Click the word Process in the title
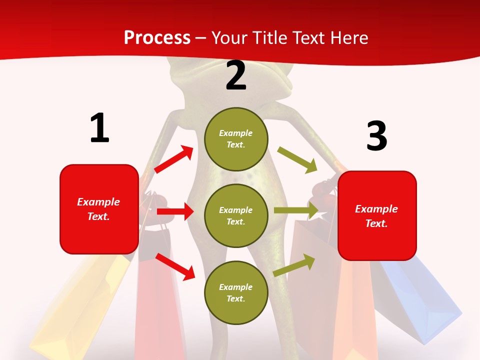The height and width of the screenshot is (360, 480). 157,38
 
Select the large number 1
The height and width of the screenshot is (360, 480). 99,128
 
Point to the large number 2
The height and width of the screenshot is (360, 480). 236,75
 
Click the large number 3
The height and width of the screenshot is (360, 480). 376,136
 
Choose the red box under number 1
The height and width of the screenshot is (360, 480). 99,209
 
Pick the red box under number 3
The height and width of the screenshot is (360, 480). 377,215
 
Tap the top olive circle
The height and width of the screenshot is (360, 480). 236,139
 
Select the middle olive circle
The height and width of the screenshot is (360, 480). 236,215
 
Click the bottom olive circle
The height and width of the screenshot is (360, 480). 236,292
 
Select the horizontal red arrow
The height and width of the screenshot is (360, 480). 175,211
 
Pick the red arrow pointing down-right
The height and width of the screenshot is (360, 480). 175,266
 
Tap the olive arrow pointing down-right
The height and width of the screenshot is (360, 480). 297,159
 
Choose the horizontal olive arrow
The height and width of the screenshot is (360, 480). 296,210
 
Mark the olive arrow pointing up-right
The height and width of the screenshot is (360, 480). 294,265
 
